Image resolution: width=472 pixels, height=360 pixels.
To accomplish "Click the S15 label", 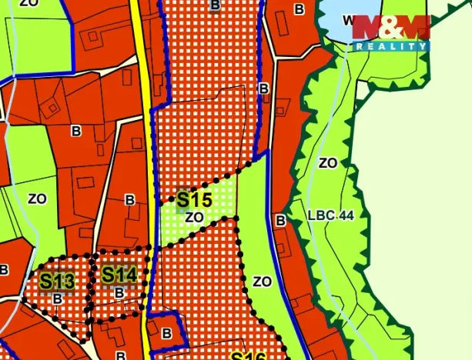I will pyautogui.click(x=194, y=200).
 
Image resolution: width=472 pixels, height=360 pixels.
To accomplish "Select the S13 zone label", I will pyautogui.click(x=57, y=281).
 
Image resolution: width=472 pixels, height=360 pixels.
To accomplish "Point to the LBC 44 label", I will pyautogui.click(x=330, y=215).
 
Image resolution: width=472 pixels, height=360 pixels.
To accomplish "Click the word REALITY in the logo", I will pyautogui.click(x=390, y=47).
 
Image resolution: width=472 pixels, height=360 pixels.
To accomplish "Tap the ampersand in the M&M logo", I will pyautogui.click(x=390, y=28).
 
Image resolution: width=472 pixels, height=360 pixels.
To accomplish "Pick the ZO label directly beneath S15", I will pyautogui.click(x=194, y=218).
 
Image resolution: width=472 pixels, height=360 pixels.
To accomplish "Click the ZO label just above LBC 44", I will pyautogui.click(x=327, y=163).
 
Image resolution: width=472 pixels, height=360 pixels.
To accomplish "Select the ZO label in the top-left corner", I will pyautogui.click(x=28, y=4).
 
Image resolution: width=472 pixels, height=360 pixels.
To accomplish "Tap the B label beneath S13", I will pyautogui.click(x=57, y=298).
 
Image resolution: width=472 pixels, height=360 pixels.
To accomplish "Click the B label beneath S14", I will pyautogui.click(x=119, y=293).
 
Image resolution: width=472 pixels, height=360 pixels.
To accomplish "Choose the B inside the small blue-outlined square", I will pyautogui.click(x=167, y=333).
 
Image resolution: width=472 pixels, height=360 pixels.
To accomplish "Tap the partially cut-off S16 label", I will pyautogui.click(x=248, y=356).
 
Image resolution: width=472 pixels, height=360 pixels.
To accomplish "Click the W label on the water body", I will pyautogui.click(x=348, y=19).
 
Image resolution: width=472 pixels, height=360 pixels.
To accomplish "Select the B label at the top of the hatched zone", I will pyautogui.click(x=214, y=5).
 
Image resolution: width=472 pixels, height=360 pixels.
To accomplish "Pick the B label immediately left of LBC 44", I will pyautogui.click(x=281, y=221).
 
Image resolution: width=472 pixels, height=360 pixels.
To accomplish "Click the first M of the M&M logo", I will pyautogui.click(x=369, y=28).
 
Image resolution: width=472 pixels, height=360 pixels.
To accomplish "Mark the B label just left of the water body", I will pyautogui.click(x=300, y=9).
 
